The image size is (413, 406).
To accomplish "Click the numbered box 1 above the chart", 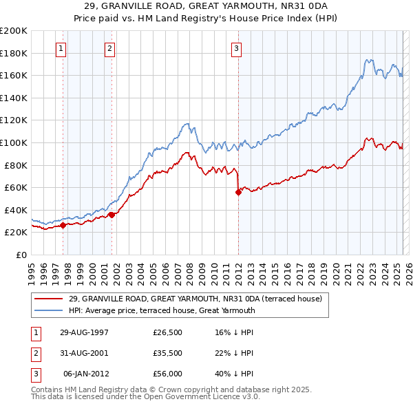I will (61, 48).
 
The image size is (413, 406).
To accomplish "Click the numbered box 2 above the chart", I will (110, 48).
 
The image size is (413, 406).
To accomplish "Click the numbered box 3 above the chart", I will (236, 48).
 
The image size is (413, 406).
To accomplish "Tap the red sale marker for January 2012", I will (238, 193).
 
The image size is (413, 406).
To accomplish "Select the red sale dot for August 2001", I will (112, 215).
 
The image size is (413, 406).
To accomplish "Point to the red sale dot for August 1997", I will (63, 225).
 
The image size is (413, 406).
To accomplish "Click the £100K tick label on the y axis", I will (14, 142).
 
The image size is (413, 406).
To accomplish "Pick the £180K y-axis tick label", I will (14, 53).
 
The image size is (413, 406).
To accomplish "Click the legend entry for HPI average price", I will (162, 310).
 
